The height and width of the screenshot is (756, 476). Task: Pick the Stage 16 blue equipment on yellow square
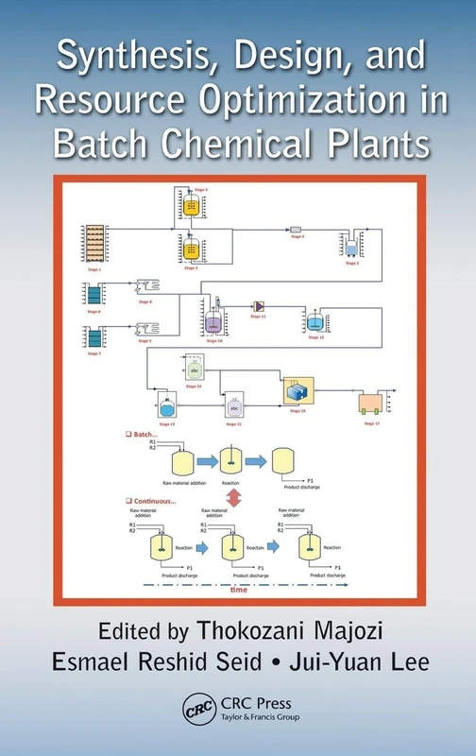[297, 391]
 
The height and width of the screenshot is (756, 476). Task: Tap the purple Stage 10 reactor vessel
[214, 321]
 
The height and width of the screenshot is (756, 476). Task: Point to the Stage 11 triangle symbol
[258, 306]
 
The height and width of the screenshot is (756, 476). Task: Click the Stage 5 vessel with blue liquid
[350, 248]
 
